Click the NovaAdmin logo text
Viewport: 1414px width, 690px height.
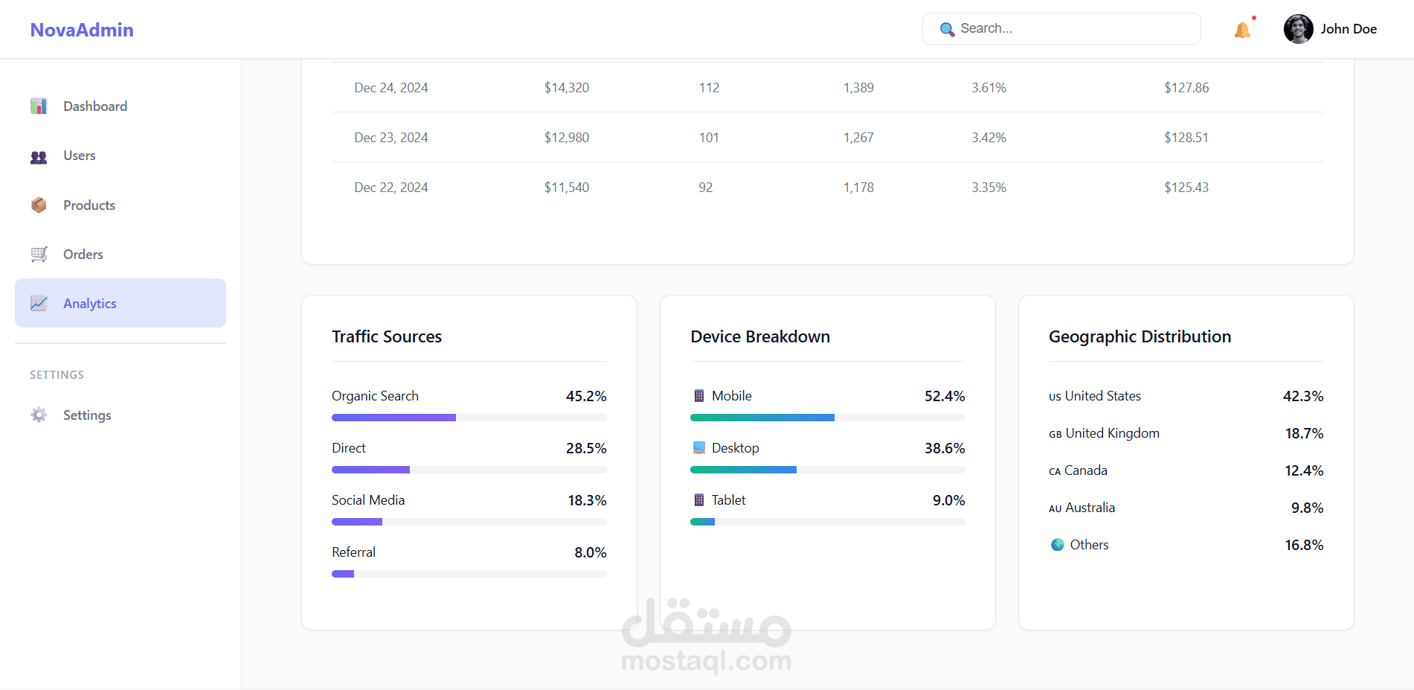click(x=82, y=30)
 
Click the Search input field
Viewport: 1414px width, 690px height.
click(x=1071, y=28)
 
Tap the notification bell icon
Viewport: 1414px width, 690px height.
click(x=1242, y=30)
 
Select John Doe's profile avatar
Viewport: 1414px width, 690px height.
click(x=1298, y=29)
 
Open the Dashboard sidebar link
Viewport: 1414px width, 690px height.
click(x=95, y=106)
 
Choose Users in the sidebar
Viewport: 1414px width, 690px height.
click(x=79, y=156)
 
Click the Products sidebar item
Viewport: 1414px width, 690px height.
click(x=89, y=205)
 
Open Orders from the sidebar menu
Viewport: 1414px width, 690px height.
click(x=83, y=255)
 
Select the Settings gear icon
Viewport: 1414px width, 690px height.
click(x=39, y=415)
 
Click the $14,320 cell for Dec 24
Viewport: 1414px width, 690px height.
click(x=566, y=88)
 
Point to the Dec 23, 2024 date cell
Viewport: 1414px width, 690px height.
click(x=391, y=138)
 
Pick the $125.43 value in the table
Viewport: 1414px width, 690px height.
click(x=1186, y=188)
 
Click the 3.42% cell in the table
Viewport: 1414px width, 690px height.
click(x=989, y=138)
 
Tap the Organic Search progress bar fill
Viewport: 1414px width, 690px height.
click(x=393, y=418)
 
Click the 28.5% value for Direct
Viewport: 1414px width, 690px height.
click(x=586, y=448)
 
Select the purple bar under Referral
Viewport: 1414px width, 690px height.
click(x=343, y=574)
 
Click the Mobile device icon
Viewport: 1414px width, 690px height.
click(x=699, y=396)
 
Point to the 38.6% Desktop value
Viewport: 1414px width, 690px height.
click(x=945, y=448)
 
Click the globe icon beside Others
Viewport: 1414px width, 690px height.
click(x=1058, y=545)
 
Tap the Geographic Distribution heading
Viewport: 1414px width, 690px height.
click(x=1140, y=336)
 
